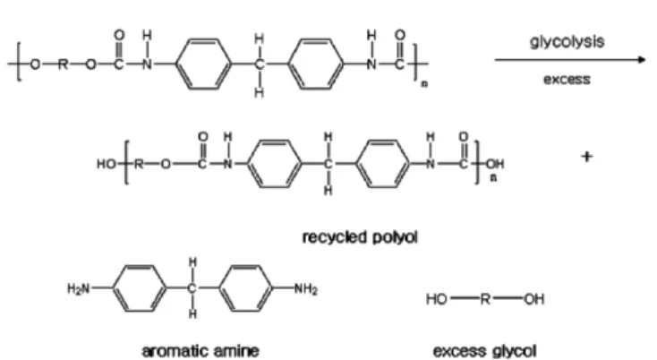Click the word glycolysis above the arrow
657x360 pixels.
coord(567,42)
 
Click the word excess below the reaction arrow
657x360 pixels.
coord(567,79)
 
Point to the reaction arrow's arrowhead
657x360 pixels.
coord(642,60)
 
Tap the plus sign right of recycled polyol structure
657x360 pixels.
coord(587,157)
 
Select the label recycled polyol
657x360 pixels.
coord(360,237)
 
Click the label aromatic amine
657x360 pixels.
coord(201,351)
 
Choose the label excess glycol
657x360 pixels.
coord(485,351)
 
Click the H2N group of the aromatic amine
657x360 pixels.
coord(79,288)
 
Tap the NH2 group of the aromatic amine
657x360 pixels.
coord(306,288)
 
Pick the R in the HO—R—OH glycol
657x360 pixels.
coord(485,299)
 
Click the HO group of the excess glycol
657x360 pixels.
coord(437,299)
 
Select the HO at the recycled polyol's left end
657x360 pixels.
coord(107,164)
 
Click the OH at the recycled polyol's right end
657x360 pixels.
coord(495,164)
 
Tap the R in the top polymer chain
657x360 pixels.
coord(63,64)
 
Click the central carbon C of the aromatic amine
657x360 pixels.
coord(192,288)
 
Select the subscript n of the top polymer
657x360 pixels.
coord(424,84)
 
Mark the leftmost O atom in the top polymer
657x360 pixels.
coord(35,64)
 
